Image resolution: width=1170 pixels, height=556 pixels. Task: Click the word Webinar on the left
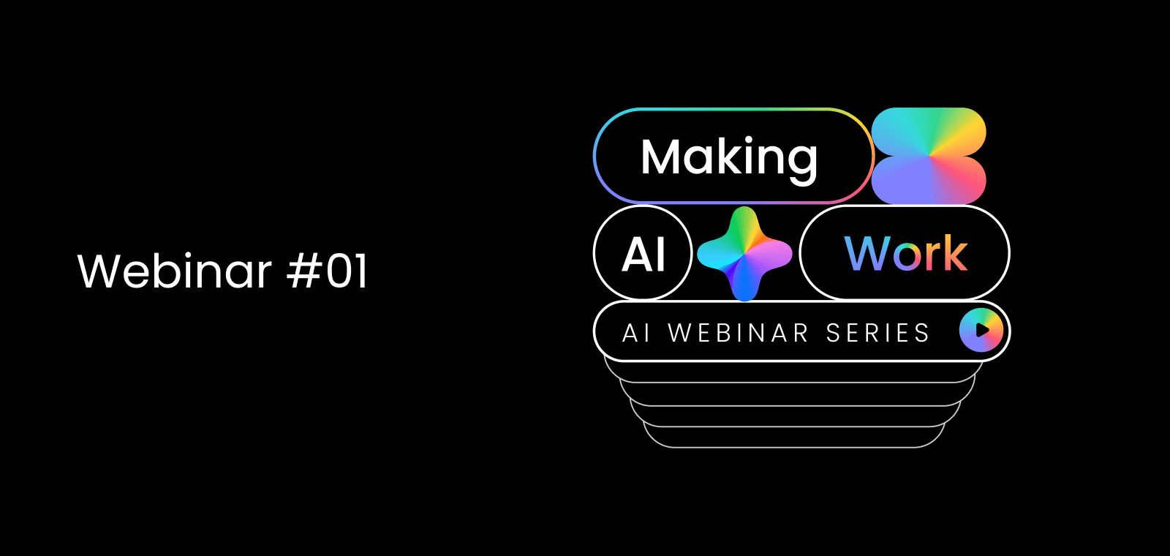[175, 270]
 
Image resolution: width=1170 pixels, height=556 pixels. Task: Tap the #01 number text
[328, 270]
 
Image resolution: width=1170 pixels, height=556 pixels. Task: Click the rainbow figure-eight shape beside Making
[929, 156]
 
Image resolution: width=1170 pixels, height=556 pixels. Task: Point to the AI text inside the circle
[643, 255]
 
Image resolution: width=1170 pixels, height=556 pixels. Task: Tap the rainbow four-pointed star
[745, 253]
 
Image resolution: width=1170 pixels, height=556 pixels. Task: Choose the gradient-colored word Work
[906, 253]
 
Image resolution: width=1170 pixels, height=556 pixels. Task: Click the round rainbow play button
[981, 330]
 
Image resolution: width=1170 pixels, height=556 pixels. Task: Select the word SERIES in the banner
[878, 333]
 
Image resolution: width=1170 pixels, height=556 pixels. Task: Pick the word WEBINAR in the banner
[739, 333]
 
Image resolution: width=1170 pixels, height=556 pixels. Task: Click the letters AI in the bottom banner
[636, 333]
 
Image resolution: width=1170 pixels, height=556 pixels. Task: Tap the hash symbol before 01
[303, 271]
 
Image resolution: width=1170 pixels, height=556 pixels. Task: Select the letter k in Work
[955, 253]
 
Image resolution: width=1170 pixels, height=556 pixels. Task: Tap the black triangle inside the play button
[983, 330]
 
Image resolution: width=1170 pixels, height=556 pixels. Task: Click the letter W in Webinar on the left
[101, 271]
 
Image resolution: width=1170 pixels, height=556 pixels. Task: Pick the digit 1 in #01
[361, 271]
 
